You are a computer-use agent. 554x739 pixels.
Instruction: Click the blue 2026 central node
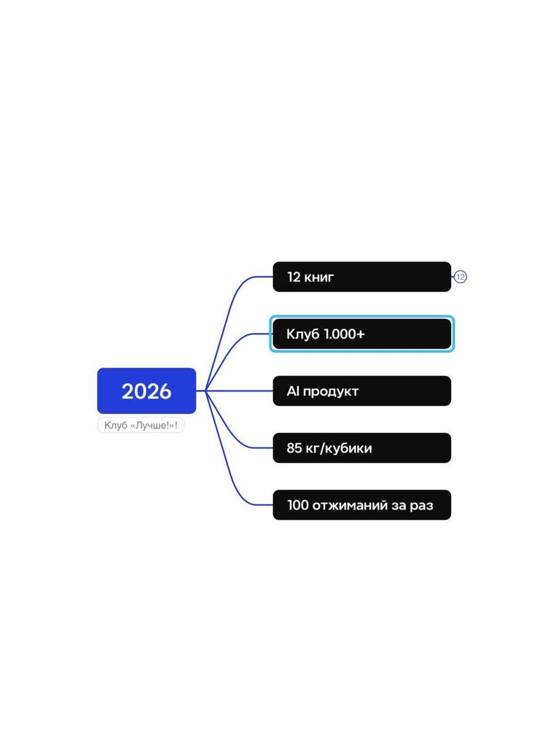click(x=147, y=391)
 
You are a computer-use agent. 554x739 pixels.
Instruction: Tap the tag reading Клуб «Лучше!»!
click(x=141, y=426)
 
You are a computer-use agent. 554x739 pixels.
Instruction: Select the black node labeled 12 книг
click(x=361, y=277)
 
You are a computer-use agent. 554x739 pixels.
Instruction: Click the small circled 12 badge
click(x=460, y=277)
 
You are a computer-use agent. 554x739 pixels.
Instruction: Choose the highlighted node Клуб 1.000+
click(x=361, y=334)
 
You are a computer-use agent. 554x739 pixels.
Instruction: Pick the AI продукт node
click(x=361, y=391)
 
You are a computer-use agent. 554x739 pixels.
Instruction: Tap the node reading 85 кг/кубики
click(x=361, y=448)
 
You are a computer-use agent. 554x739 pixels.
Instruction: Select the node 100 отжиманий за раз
click(x=361, y=505)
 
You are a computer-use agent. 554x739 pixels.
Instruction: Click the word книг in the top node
click(x=319, y=277)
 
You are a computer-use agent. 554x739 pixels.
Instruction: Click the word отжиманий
click(x=350, y=506)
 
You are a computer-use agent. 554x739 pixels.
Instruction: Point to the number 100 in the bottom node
click(x=297, y=506)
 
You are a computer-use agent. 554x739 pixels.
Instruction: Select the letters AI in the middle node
click(x=292, y=391)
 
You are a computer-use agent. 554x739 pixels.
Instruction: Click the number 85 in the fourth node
click(x=294, y=448)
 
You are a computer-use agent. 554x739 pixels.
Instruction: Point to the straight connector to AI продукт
click(x=240, y=391)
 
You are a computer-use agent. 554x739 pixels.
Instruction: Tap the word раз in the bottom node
click(x=421, y=506)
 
